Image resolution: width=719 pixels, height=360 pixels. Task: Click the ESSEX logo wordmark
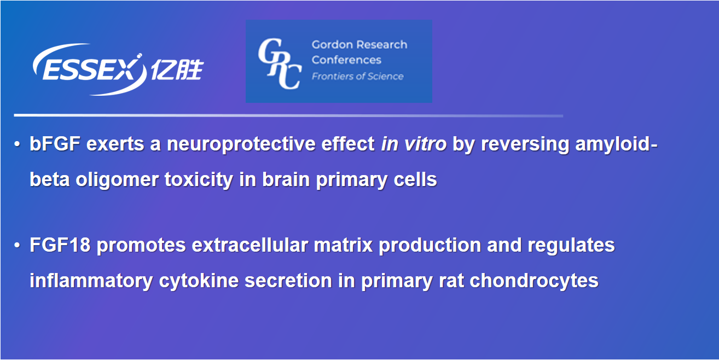coord(89,69)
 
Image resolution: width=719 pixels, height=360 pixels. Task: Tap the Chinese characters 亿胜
coord(177,69)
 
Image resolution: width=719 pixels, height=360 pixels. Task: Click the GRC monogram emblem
coord(280,63)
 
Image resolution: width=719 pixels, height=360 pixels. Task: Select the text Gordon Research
coord(359,45)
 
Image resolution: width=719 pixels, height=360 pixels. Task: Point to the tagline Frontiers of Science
coord(357,77)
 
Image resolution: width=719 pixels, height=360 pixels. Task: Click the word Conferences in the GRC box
coord(346,60)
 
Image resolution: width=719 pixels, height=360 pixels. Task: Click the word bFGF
coord(55,143)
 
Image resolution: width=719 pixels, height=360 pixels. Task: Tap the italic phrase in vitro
coord(414,143)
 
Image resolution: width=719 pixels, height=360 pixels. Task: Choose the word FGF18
coord(60,245)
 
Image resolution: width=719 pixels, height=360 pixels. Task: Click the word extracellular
coord(250,245)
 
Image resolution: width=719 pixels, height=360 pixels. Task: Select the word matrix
coord(343,245)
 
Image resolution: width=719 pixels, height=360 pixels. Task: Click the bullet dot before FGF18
coord(18,246)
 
